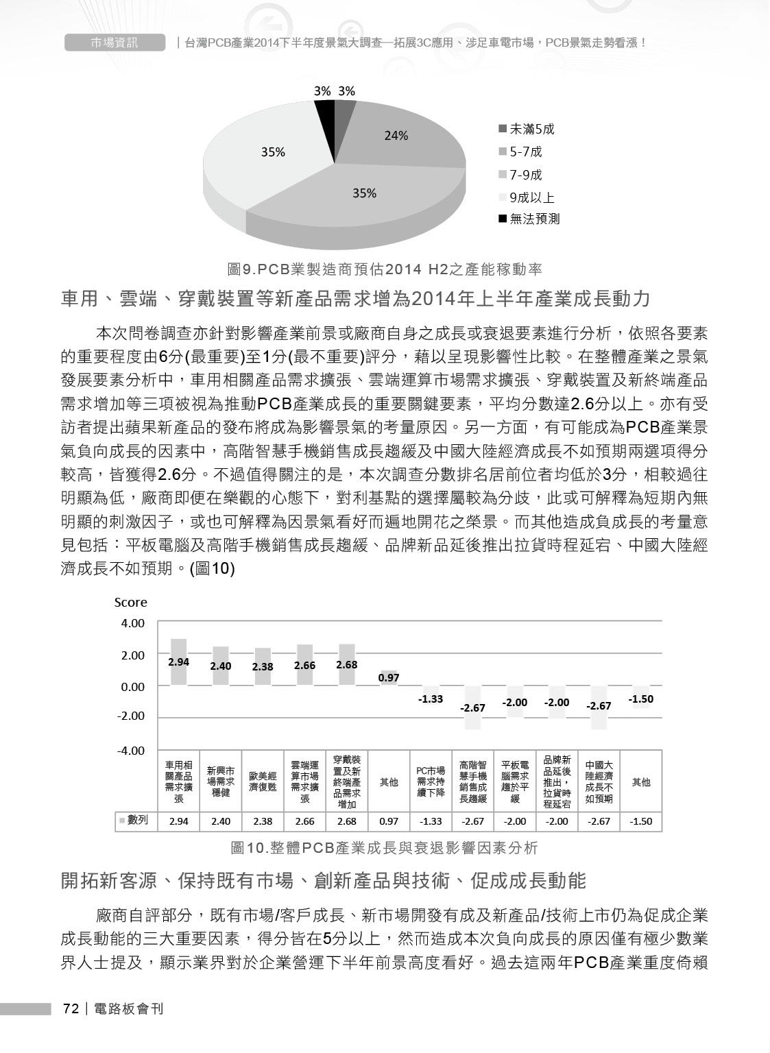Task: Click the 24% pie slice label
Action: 396,136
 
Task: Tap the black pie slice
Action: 324,114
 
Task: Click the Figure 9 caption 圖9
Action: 385,268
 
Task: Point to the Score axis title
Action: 130,602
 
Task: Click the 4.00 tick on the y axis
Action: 132,623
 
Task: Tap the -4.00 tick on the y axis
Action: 131,751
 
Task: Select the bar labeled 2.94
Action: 178,662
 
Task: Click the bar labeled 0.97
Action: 389,678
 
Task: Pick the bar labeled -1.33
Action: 431,692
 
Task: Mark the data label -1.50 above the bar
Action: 640,699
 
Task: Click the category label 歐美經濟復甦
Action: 263,782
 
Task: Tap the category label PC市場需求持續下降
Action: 431,782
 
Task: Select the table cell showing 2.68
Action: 346,821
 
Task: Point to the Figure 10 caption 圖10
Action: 384,848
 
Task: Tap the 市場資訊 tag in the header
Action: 115,43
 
